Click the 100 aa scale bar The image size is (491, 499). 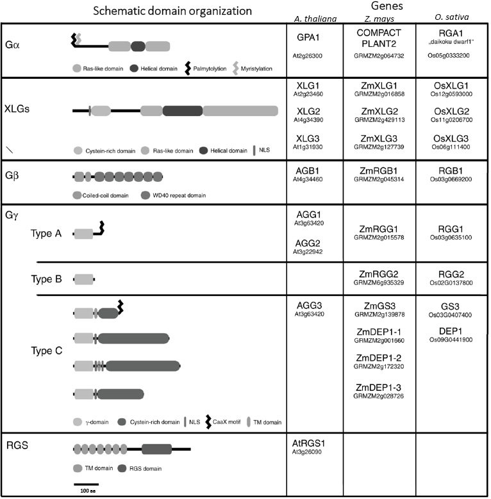[85, 484]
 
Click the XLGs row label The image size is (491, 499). [21, 108]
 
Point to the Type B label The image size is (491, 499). [46, 279]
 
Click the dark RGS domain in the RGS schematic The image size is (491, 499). [156, 449]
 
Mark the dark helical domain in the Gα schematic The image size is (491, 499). [138, 46]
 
